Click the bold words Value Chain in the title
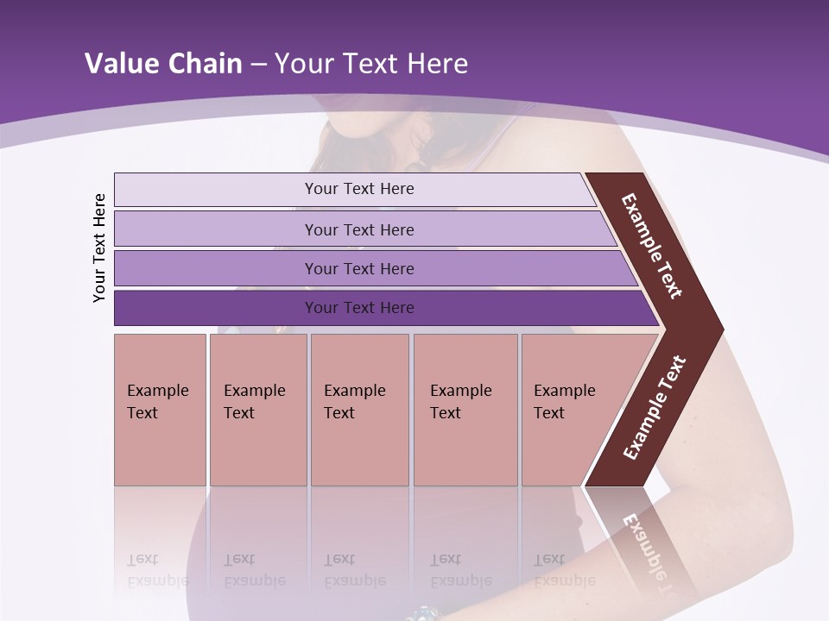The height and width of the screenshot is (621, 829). [x=163, y=64]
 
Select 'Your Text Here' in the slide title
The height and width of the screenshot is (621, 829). [x=371, y=64]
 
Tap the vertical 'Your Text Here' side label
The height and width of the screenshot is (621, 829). [x=99, y=248]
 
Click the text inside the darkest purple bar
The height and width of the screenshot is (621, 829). [x=359, y=308]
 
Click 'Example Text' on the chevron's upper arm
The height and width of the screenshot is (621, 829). [x=652, y=246]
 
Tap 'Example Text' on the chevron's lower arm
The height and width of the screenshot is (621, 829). [x=655, y=407]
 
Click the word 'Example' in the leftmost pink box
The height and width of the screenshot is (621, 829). [x=157, y=391]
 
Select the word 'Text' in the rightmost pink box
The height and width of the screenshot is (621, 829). [x=549, y=413]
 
